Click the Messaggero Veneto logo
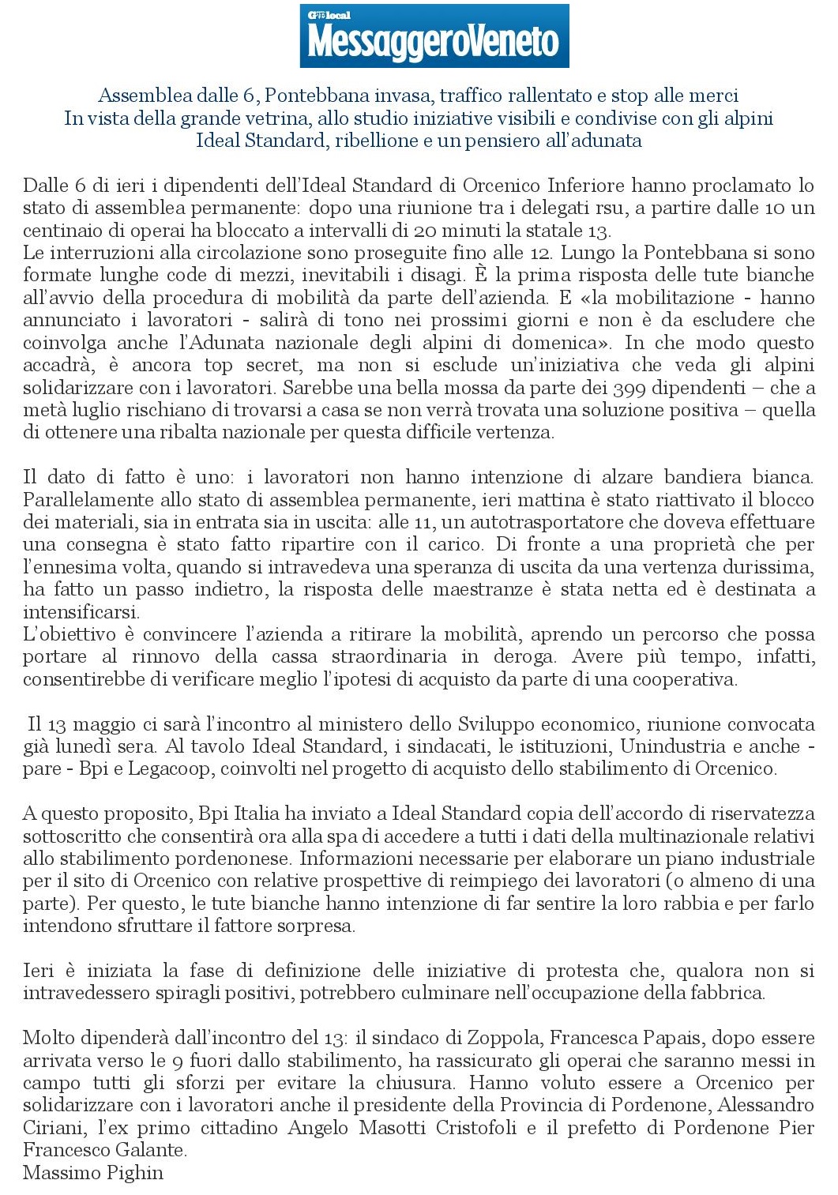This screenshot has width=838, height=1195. (434, 36)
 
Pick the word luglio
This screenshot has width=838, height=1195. (88, 411)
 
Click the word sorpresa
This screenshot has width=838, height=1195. (321, 926)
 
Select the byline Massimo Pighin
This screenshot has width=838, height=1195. (93, 1173)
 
